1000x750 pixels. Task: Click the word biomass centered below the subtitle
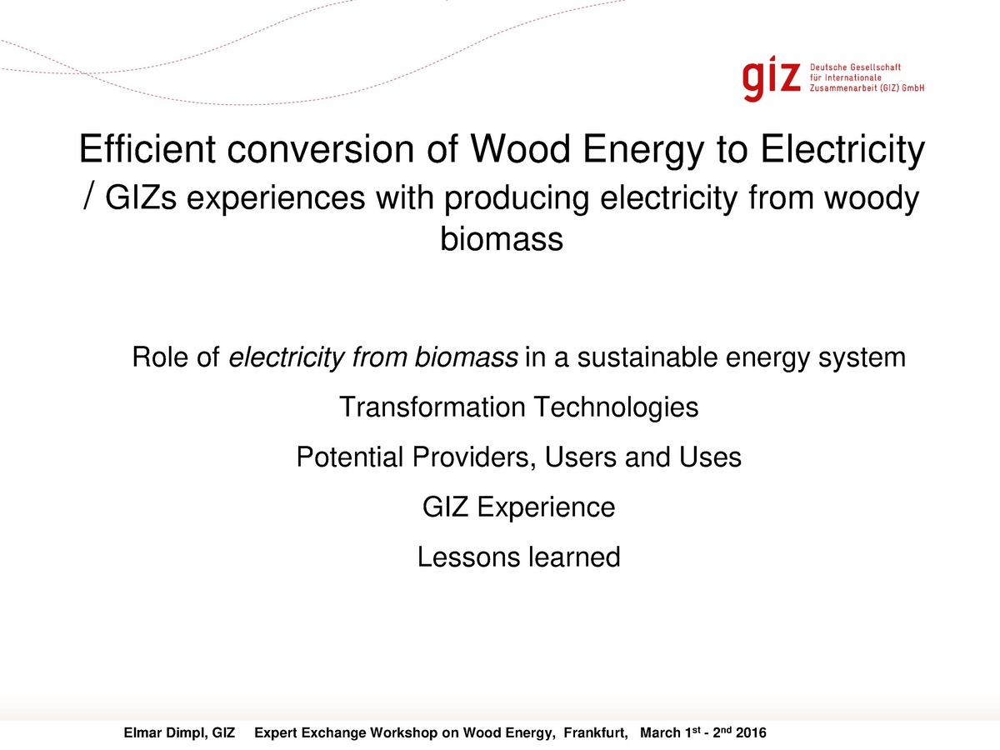pos(501,239)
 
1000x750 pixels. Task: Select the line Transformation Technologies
pos(518,407)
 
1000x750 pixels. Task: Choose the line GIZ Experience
pos(518,507)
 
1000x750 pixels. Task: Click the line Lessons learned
pos(518,556)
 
